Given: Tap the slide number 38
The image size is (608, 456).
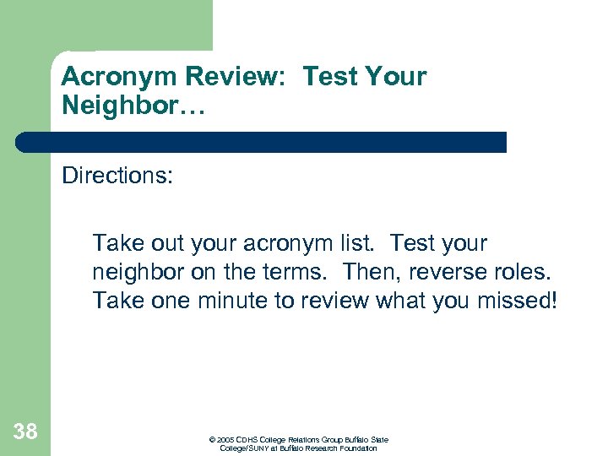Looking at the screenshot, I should point(26,432).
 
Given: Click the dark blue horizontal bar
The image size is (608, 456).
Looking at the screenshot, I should point(262,142).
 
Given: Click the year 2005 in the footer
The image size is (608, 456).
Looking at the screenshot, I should point(225,440).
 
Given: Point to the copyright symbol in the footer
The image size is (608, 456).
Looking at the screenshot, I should point(211,440).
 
